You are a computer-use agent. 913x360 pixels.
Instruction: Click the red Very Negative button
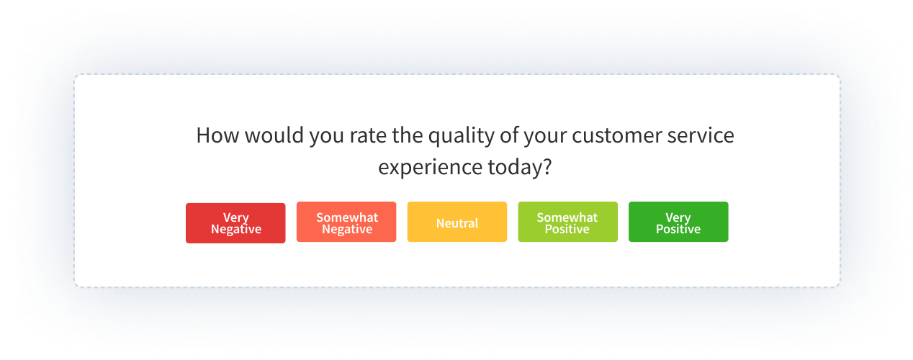[235, 223]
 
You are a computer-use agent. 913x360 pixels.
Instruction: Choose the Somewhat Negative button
[346, 223]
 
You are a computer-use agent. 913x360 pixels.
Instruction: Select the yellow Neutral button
[457, 223]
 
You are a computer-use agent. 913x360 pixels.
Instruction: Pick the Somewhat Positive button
[567, 223]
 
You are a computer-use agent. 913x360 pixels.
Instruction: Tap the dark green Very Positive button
[678, 223]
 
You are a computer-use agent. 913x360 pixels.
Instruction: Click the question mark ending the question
[547, 168]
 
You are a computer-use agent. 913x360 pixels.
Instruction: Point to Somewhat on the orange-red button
[346, 217]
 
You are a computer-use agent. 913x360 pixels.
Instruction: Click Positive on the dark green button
[678, 230]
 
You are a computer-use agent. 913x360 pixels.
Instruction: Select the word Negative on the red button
[235, 230]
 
